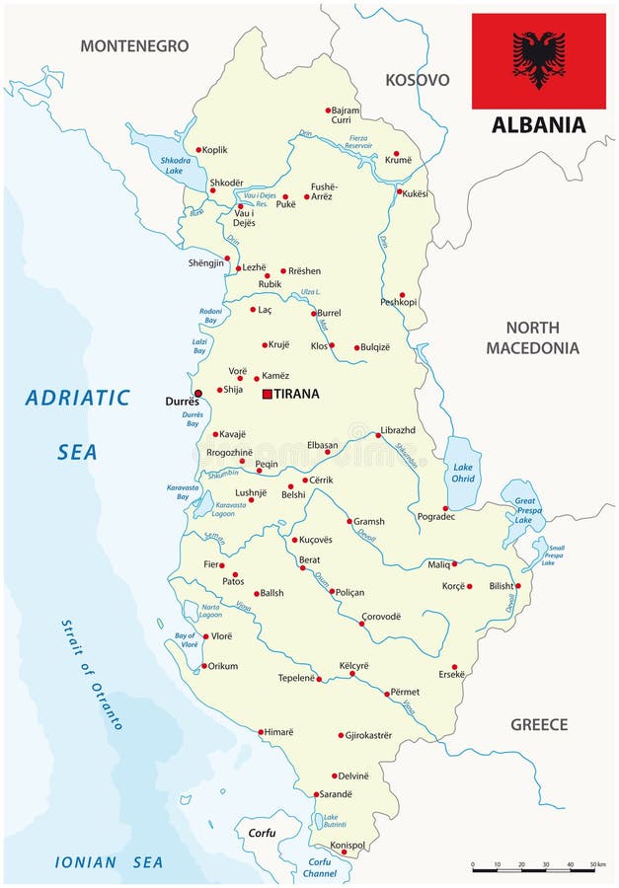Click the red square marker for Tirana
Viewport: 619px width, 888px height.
click(x=267, y=394)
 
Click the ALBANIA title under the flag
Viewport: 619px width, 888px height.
click(x=538, y=124)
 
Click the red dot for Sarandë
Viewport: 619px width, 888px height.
click(x=317, y=794)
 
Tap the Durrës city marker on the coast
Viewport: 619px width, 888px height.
click(x=197, y=393)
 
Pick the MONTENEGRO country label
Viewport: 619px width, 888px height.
click(x=133, y=45)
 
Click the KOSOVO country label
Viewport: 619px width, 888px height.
click(x=417, y=80)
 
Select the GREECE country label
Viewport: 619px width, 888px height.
click(x=538, y=724)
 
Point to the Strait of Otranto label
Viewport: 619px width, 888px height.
click(x=92, y=674)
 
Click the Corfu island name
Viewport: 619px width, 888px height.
click(x=262, y=833)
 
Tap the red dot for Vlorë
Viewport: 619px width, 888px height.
click(x=204, y=637)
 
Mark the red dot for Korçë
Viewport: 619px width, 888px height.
click(x=469, y=586)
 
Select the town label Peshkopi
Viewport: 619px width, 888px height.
click(x=399, y=302)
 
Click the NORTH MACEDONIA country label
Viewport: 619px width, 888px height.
click(x=532, y=337)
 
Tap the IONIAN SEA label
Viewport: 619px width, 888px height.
click(x=109, y=862)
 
